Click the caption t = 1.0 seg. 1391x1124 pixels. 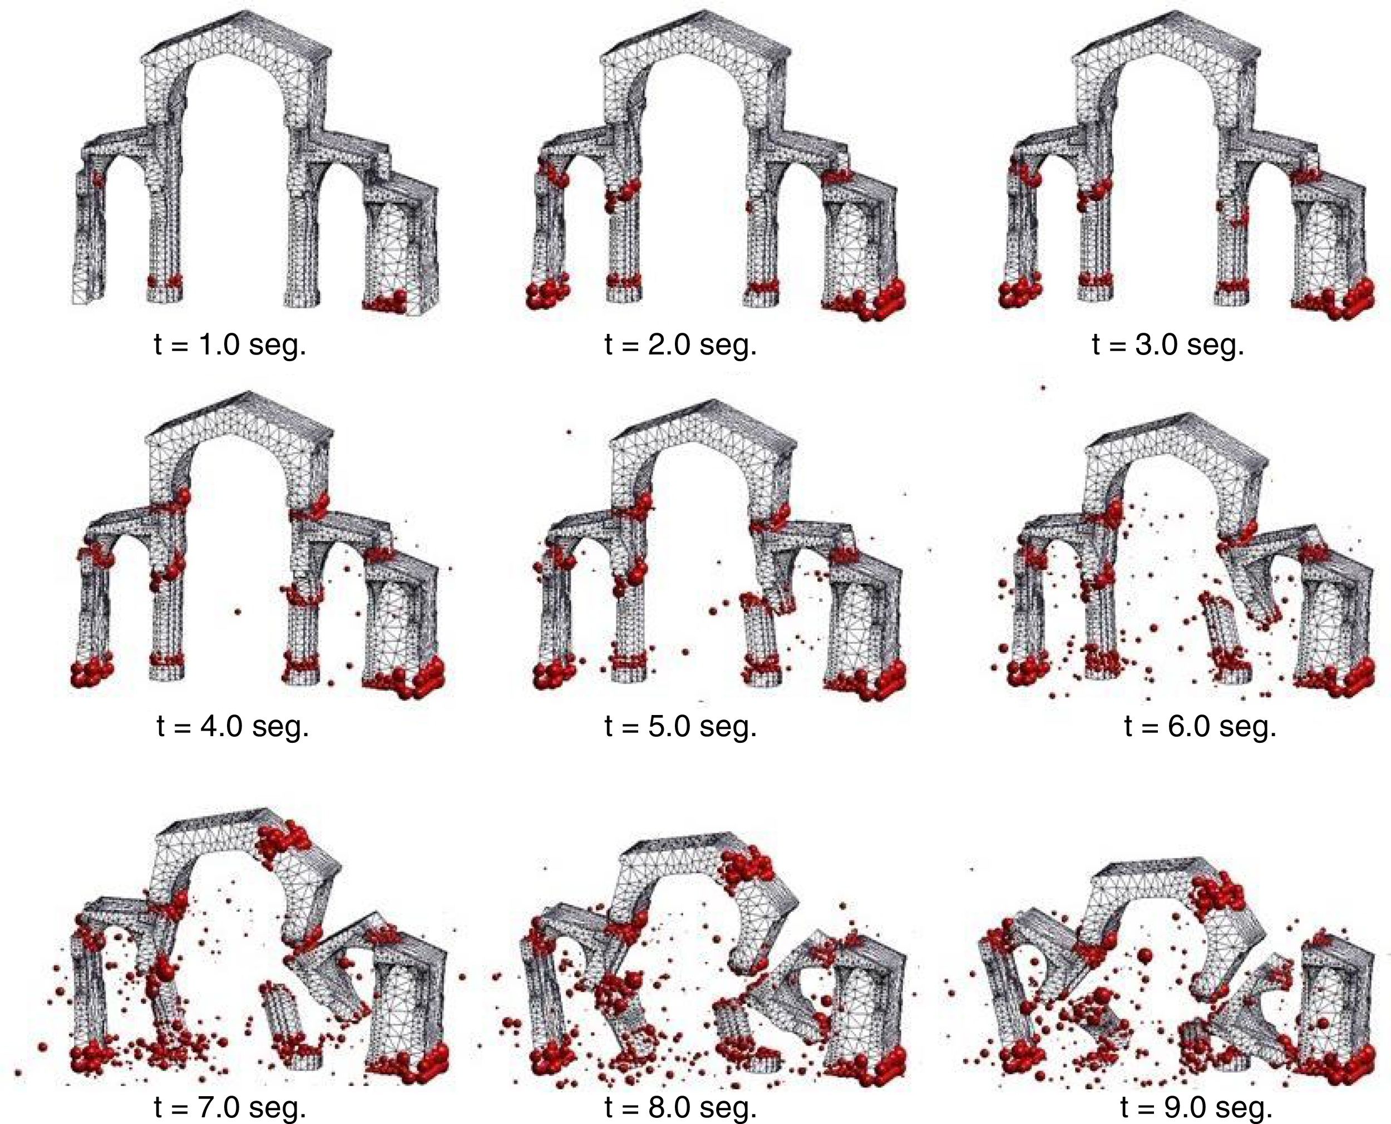[x=230, y=344]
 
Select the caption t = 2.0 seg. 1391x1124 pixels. [x=681, y=344]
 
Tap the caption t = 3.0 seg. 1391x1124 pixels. [x=1168, y=344]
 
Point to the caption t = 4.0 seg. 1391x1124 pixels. [x=233, y=726]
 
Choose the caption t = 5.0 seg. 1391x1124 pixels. [x=681, y=726]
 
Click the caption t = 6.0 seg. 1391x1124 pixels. [x=1201, y=726]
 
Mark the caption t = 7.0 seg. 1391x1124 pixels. [x=230, y=1108]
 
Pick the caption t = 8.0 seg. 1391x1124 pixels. [x=681, y=1108]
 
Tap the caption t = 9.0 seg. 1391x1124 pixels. [x=1197, y=1108]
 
